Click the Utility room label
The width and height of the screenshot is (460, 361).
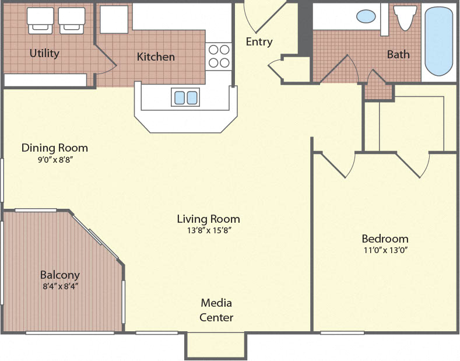(x=44, y=54)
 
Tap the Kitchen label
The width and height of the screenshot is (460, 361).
(x=156, y=57)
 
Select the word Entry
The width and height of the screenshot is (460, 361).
(x=259, y=42)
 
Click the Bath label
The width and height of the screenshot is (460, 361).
(x=398, y=54)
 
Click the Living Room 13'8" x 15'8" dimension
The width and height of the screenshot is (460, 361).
(x=208, y=230)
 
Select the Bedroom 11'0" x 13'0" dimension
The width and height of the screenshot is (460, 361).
(x=385, y=250)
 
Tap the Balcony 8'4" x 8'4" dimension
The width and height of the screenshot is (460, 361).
(x=59, y=286)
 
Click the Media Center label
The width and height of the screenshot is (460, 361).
(x=216, y=310)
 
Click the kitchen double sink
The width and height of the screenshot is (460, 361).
(x=185, y=97)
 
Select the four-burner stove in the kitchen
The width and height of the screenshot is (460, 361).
(x=219, y=57)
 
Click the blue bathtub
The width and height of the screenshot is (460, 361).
(x=438, y=41)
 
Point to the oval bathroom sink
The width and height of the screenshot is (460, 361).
(x=366, y=16)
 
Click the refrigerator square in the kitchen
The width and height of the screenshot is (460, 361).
(x=114, y=20)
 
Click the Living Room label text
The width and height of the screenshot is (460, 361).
(x=208, y=219)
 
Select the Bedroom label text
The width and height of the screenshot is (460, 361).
(x=385, y=239)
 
